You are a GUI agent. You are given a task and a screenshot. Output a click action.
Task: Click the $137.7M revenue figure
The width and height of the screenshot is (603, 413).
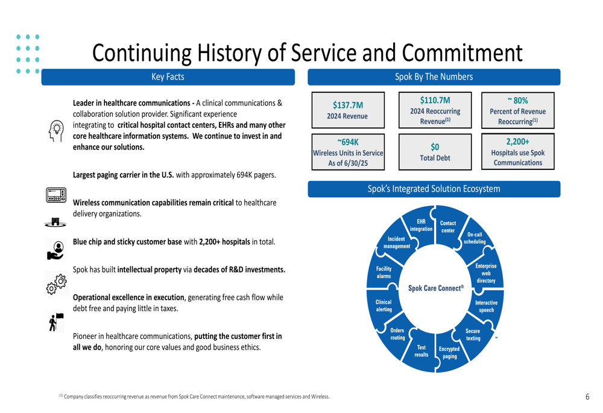[348, 105]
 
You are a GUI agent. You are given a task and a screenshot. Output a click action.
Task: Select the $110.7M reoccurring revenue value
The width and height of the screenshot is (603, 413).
[435, 100]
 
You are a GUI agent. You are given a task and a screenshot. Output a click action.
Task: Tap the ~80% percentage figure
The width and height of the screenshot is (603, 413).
[517, 100]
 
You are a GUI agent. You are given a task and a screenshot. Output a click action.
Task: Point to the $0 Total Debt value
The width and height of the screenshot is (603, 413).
[435, 147]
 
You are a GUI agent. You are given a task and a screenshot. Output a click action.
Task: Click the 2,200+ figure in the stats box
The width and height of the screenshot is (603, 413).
[517, 142]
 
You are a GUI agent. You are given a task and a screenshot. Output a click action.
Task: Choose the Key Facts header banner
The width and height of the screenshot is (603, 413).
[168, 77]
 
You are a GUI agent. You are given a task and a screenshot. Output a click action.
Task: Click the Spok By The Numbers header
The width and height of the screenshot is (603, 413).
[434, 77]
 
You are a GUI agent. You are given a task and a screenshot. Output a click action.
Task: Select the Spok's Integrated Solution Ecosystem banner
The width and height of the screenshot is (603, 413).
[434, 189]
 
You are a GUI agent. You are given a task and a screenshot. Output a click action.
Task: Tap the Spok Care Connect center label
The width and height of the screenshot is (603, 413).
[436, 288]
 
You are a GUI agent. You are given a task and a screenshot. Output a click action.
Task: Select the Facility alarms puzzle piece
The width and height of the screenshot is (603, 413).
[384, 273]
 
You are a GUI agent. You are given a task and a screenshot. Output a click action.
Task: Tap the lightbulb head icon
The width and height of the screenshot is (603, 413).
[56, 131]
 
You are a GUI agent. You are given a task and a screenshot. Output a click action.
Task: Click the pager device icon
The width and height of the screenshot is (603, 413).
[56, 195]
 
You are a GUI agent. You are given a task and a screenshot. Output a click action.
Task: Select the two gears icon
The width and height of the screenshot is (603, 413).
[57, 284]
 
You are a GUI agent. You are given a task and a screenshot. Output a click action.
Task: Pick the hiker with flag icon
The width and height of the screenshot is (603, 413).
[56, 322]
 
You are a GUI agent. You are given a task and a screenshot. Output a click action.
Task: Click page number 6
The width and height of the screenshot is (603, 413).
[587, 397]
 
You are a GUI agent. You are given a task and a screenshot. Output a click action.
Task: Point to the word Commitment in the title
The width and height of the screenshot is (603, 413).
[463, 52]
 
